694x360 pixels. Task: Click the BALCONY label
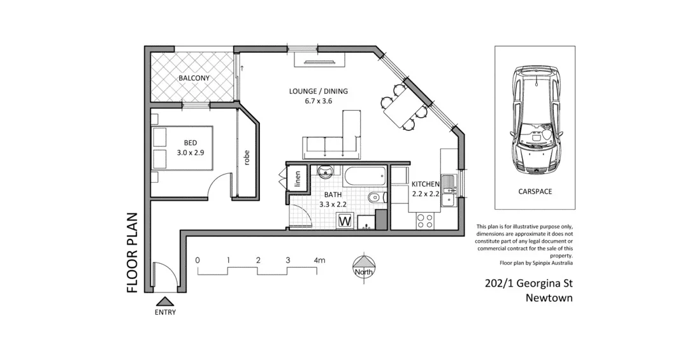[194, 78]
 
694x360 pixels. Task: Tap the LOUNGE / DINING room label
[318, 91]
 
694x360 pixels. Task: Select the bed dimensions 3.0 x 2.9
[190, 153]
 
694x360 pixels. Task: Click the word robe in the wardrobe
[246, 157]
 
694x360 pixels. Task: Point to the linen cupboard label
[298, 178]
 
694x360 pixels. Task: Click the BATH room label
[333, 194]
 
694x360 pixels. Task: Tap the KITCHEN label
[425, 184]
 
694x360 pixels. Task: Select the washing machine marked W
[345, 221]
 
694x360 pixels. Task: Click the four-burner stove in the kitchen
[424, 220]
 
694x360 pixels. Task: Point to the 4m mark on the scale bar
[319, 261]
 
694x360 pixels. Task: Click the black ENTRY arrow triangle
[164, 301]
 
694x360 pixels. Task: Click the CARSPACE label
[535, 191]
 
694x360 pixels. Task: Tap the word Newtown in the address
[549, 298]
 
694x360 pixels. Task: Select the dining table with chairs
[401, 109]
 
